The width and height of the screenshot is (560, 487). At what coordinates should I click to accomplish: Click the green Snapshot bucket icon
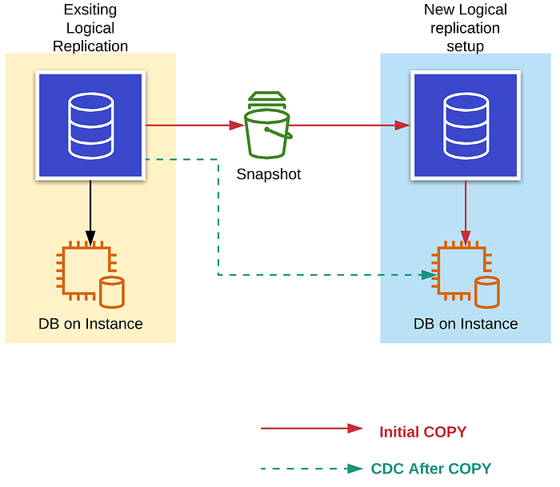coord(266,126)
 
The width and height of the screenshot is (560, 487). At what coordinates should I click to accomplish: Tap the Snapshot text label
coord(269,174)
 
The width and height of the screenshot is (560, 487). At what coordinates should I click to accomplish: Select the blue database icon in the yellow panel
coord(90,125)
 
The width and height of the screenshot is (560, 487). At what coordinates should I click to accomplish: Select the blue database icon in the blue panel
coord(466,125)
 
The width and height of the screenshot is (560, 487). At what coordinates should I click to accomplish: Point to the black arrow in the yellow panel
coord(90,211)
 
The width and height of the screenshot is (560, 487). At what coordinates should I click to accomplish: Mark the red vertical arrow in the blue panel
coord(466,211)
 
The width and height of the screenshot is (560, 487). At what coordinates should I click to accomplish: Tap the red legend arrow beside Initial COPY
coord(311,428)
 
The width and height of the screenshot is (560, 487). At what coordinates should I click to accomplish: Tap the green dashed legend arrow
coord(311,469)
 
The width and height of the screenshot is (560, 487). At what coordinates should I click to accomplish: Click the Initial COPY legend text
coord(422,433)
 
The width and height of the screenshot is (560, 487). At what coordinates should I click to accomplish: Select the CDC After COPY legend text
coord(430,469)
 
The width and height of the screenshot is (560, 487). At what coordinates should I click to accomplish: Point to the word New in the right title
coord(439,10)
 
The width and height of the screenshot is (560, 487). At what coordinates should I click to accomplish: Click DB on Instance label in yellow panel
coord(90,324)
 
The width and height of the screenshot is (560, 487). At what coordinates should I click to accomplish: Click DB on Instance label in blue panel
coord(466,324)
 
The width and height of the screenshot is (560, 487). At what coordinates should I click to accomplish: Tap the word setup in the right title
coord(465,46)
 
